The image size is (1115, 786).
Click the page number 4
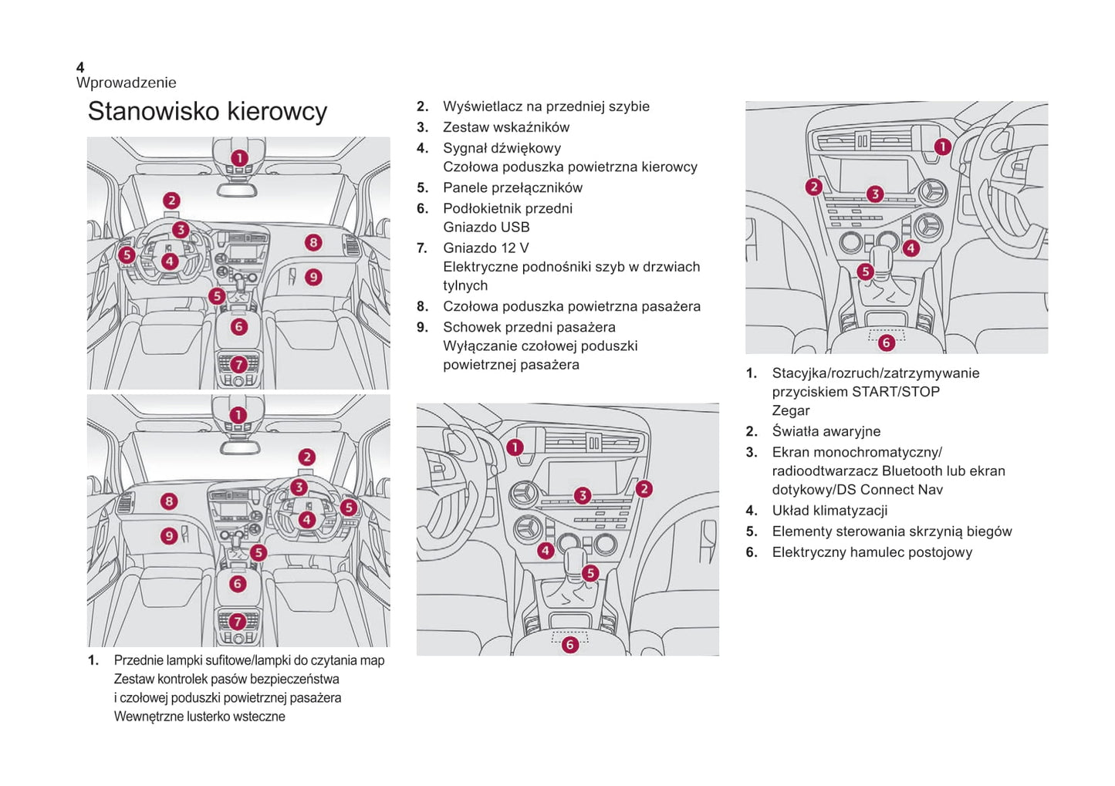[x=80, y=68]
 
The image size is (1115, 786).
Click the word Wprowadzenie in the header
[x=126, y=83]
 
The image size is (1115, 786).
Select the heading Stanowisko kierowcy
[x=207, y=111]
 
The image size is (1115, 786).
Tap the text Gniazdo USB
[x=486, y=227]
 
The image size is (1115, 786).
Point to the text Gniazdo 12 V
[x=485, y=248]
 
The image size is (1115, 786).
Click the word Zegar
[x=790, y=410]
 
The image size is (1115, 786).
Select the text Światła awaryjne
[x=826, y=431]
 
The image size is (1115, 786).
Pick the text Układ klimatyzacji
[x=829, y=510]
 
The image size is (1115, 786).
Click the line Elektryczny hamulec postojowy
[x=872, y=552]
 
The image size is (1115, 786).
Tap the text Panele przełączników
[x=512, y=187]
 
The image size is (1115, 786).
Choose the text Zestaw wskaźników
[x=505, y=127]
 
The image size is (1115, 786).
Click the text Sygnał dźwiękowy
[x=502, y=148]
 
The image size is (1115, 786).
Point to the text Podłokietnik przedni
[x=507, y=208]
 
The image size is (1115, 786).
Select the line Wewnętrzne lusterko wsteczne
[x=199, y=716]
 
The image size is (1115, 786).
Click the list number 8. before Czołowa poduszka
[x=422, y=306]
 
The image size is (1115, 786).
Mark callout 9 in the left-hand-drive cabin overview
[x=313, y=277]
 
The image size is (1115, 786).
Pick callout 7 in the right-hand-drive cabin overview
[x=238, y=621]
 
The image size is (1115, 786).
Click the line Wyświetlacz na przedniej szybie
[x=546, y=106]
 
